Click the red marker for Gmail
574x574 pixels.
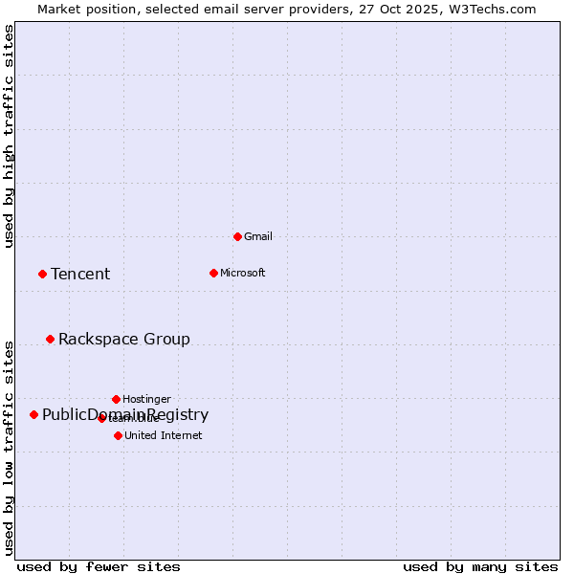(x=237, y=236)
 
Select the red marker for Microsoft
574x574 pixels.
(x=213, y=273)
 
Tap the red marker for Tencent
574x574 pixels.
(x=42, y=274)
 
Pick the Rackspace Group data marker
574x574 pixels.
(x=50, y=339)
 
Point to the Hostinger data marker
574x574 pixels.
(x=116, y=399)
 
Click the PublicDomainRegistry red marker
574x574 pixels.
(x=33, y=414)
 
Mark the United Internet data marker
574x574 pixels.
(x=118, y=435)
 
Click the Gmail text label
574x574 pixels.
(x=258, y=236)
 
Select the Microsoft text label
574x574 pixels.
(x=242, y=273)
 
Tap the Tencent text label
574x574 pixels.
(x=80, y=275)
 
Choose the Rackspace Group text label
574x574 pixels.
(x=124, y=340)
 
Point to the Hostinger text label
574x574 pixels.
(x=146, y=399)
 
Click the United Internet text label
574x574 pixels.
(x=163, y=435)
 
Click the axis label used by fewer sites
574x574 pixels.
(x=99, y=566)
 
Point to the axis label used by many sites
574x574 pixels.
(x=480, y=566)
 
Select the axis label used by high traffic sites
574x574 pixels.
(x=9, y=136)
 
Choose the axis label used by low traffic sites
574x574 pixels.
(x=9, y=447)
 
